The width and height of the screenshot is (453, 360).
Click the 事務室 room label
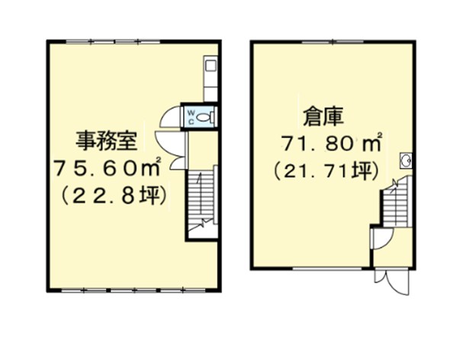[x=106, y=140]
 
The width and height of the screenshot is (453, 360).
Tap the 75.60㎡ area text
[x=106, y=169]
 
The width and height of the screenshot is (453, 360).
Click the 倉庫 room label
[x=323, y=117]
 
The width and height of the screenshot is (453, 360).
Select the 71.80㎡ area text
[x=332, y=143]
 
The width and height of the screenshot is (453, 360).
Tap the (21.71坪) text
[x=326, y=172]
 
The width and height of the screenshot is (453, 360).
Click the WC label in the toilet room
[x=191, y=117]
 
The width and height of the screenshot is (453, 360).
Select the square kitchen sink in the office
[x=210, y=66]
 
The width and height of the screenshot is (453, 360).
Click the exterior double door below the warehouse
[x=391, y=281]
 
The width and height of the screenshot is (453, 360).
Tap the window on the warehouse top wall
[x=333, y=42]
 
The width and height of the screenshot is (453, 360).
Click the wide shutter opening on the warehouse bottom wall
[x=327, y=268]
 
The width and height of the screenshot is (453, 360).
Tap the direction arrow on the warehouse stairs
[x=394, y=185]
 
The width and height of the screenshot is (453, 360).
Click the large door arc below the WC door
[x=166, y=150]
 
